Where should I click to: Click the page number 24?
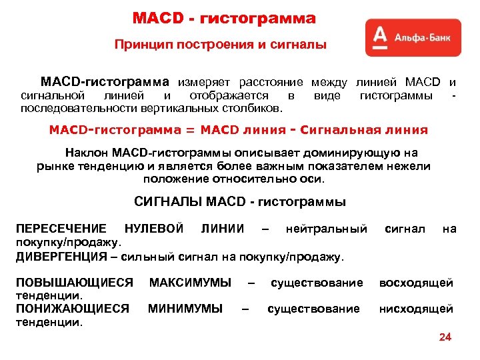(445, 337)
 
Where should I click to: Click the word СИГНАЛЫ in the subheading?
(167, 201)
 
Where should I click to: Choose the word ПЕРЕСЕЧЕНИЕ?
(61, 229)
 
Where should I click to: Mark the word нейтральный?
(326, 229)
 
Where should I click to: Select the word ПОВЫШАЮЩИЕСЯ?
(74, 283)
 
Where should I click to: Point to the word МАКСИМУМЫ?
(191, 283)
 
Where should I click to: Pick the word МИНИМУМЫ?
(185, 309)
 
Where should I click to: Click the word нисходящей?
(417, 309)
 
